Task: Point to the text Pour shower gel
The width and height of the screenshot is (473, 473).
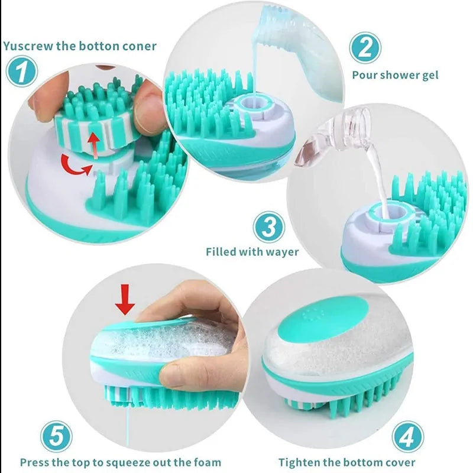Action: click(x=395, y=75)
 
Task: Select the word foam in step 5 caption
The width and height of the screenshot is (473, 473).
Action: click(x=207, y=462)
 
